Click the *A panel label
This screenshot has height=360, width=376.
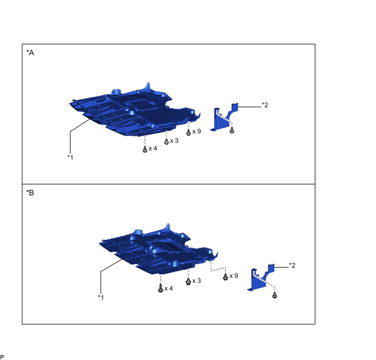tap(30, 53)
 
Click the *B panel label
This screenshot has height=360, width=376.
tap(30, 193)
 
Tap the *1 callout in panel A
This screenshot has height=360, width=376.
tap(70, 157)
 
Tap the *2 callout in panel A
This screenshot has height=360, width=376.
tap(265, 105)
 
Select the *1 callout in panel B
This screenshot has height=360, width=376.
tap(101, 297)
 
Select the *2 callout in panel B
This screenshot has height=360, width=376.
tap(292, 265)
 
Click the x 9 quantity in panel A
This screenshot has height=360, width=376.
tap(197, 131)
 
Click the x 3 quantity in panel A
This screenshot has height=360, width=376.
tap(174, 141)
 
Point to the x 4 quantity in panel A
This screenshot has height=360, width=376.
tap(153, 148)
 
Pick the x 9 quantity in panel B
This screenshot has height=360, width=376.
tap(234, 276)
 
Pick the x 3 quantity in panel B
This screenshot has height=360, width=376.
tap(197, 281)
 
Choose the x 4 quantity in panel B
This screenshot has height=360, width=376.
tap(168, 288)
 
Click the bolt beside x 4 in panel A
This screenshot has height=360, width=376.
tap(145, 149)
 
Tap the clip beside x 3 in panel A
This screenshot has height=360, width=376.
tap(167, 142)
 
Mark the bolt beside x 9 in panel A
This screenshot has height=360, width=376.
tap(189, 132)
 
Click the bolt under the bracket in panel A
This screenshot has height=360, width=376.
tap(232, 130)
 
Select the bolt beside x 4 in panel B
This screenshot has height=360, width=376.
tap(161, 288)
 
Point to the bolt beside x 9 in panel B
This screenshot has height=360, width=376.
tap(225, 277)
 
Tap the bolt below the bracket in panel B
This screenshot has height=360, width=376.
tap(275, 295)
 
